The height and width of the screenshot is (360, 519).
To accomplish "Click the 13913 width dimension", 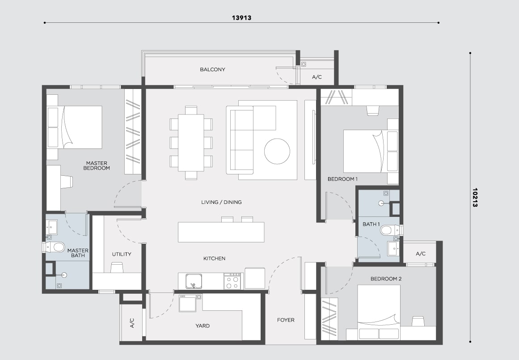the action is [241, 18].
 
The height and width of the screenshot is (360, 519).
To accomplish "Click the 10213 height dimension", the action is [475, 198].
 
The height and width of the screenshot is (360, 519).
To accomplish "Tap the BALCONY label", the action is [212, 70].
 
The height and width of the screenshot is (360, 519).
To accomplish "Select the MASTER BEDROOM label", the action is [97, 165].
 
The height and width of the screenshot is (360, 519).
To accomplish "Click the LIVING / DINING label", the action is [221, 202].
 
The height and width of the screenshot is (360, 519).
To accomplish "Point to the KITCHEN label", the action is [215, 258].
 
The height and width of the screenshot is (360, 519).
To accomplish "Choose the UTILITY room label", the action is [122, 254].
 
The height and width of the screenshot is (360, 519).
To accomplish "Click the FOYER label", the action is [286, 320].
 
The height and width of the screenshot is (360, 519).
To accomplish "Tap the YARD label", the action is [202, 326].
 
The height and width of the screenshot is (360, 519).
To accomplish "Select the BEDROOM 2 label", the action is [386, 279].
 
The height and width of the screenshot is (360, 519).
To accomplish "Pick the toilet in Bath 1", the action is [391, 230].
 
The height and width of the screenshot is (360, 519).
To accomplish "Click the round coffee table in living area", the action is [277, 151].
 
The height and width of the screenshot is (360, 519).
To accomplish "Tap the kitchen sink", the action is [194, 281].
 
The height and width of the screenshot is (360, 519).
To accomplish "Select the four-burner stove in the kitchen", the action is [232, 281].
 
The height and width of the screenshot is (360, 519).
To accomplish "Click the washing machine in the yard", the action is [187, 303].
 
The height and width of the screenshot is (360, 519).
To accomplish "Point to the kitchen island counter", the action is [221, 232].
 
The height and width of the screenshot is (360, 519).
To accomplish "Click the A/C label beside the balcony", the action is [317, 77].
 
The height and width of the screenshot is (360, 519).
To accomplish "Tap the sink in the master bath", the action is [52, 227].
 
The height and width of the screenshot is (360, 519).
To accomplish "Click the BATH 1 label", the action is [371, 224].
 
